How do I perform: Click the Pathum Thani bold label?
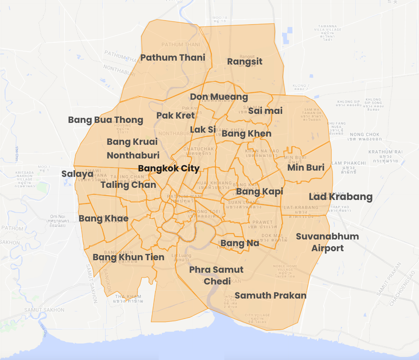(x=173, y=58)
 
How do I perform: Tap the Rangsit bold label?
(x=245, y=61)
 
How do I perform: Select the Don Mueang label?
(x=219, y=97)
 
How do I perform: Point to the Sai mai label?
(x=265, y=111)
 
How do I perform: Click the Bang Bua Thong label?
(x=106, y=120)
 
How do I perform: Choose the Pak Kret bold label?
(x=175, y=115)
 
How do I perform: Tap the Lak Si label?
(x=202, y=130)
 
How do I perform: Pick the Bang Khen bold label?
(x=246, y=133)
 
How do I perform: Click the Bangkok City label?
(x=169, y=168)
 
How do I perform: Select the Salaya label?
(x=77, y=173)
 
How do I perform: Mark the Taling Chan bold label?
(x=128, y=185)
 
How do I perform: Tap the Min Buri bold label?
(x=306, y=167)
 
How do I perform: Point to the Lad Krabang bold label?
(x=340, y=196)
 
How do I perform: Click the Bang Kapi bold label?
(x=260, y=191)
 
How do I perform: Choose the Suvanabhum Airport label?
(x=327, y=242)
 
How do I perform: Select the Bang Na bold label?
(x=240, y=243)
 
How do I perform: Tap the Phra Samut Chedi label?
(x=216, y=275)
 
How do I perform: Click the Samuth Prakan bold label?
(x=270, y=295)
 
